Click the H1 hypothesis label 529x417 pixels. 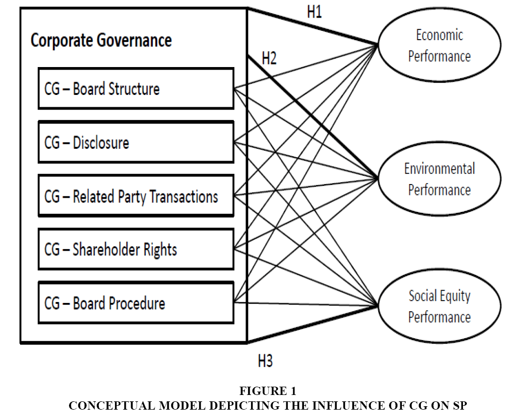[314, 12]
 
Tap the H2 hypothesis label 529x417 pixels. [269, 58]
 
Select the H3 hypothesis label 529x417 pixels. [265, 361]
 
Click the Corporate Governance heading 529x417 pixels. [101, 41]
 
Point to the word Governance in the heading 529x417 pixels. [134, 41]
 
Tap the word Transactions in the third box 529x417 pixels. [184, 197]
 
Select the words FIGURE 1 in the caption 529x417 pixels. [268, 391]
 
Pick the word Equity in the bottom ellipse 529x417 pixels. [456, 296]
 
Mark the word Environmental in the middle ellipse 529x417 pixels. [439, 168]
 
